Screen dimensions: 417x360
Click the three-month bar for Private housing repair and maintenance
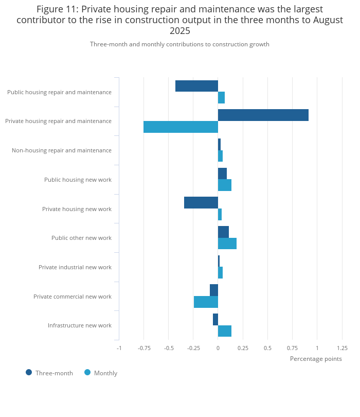click(263, 115)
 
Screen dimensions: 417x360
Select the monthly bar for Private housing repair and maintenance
click(181, 127)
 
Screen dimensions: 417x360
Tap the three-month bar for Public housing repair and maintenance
click(196, 86)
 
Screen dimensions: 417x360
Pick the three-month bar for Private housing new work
click(201, 202)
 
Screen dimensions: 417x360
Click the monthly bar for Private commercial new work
click(206, 302)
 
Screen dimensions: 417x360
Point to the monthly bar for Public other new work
click(227, 244)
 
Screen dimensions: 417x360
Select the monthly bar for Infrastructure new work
click(225, 331)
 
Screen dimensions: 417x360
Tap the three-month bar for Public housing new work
click(222, 173)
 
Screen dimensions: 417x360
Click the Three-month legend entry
click(49, 373)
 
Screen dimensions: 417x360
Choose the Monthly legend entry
click(101, 373)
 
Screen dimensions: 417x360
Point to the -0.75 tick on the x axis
click(143, 347)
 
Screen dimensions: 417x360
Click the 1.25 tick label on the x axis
click(342, 347)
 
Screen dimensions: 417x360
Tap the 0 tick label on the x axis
click(218, 347)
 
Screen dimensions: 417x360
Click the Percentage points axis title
click(315, 359)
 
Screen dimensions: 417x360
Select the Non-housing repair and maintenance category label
click(61, 150)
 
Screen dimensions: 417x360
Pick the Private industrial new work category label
click(75, 267)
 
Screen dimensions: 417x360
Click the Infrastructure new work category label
click(79, 325)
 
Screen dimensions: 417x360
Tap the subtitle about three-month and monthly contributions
click(179, 44)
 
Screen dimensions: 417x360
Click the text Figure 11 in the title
click(57, 9)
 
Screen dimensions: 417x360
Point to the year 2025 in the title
click(180, 31)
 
